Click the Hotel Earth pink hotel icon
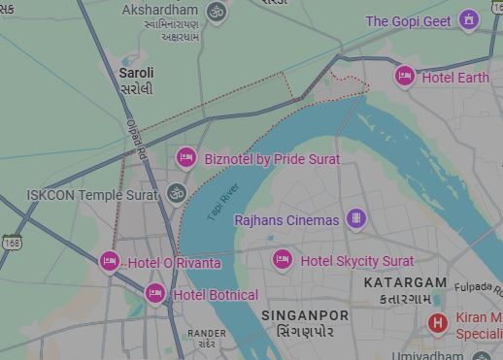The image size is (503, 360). [x=405, y=76]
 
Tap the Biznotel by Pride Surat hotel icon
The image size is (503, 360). [x=185, y=157]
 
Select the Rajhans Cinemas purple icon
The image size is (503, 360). [x=355, y=218]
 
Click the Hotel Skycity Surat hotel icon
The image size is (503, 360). [x=282, y=259]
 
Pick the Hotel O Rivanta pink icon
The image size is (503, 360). [x=110, y=261]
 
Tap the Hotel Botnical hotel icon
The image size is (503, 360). [x=154, y=293]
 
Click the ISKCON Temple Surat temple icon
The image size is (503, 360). [x=176, y=193]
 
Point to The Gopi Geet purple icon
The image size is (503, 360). [x=470, y=19]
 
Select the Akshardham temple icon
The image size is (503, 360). [x=218, y=12]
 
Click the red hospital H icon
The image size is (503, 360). [x=438, y=322]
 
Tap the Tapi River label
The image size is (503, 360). [x=222, y=203]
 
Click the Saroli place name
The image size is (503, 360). [x=136, y=73]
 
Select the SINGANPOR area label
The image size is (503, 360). [x=305, y=315]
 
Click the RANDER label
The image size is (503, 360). [x=206, y=333]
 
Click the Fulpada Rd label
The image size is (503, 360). [x=478, y=287]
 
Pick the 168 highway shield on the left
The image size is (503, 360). [x=11, y=242]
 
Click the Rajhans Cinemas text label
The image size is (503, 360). [x=286, y=220]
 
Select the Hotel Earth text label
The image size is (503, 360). [x=455, y=78]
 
